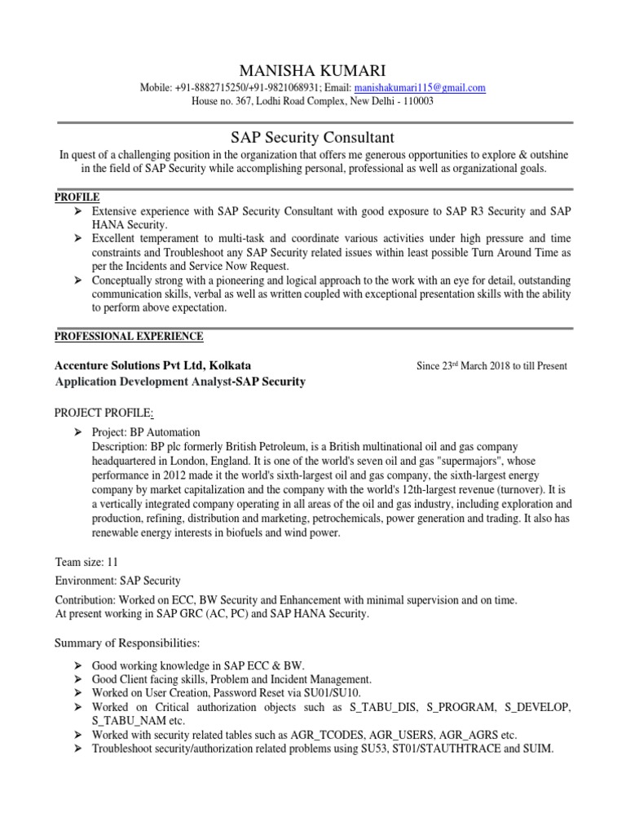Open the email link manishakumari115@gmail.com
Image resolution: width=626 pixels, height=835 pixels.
coord(421,88)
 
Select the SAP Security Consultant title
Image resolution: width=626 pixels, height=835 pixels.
coord(313,138)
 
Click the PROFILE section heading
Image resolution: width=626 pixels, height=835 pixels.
coord(77,197)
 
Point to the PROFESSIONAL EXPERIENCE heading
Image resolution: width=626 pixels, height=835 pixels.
coord(129,336)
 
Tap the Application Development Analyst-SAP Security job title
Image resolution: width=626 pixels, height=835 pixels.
coord(179,382)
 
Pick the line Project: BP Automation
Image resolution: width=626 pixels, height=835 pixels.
coord(146,432)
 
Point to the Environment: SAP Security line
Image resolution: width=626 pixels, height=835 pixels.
coord(117,581)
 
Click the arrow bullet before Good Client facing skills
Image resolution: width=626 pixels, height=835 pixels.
coord(77,678)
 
